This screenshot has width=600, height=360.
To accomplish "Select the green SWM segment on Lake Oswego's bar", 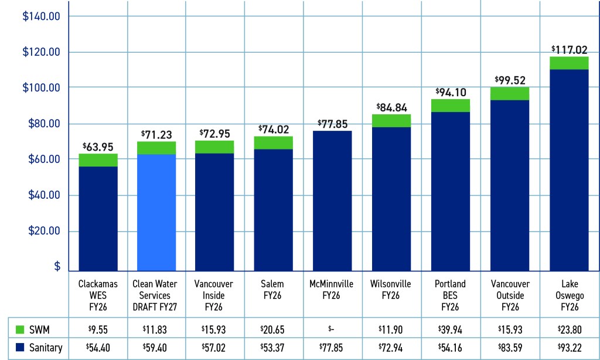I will [x=568, y=63].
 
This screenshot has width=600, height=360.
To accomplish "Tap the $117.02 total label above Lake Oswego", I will [x=568, y=50].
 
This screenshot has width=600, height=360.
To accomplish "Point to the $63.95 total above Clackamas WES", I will [x=98, y=146].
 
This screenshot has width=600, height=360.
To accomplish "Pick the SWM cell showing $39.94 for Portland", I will [x=451, y=327].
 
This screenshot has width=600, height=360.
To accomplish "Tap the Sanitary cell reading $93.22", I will [x=568, y=348].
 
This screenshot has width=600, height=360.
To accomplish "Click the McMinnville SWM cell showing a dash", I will [x=332, y=327].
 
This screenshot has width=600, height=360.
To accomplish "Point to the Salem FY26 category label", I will [x=274, y=290].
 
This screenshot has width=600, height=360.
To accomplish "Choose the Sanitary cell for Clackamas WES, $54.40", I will [x=98, y=348].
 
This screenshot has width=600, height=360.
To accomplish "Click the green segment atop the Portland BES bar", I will [x=451, y=106].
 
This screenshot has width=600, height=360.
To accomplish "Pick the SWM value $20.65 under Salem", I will [x=274, y=327].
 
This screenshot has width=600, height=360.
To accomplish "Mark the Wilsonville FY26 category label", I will [x=391, y=290].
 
